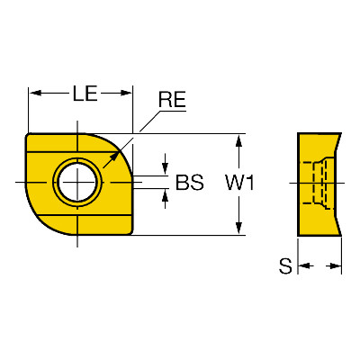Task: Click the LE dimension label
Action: click(x=85, y=93)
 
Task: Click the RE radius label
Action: click(x=172, y=100)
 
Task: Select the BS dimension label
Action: click(x=190, y=182)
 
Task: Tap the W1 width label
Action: click(x=240, y=183)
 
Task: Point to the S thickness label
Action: click(x=285, y=266)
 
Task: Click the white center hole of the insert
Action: click(x=77, y=183)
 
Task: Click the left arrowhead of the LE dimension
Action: click(x=36, y=93)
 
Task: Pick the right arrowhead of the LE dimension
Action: click(x=126, y=93)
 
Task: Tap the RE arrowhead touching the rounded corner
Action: click(x=114, y=157)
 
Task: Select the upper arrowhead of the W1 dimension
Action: click(x=238, y=141)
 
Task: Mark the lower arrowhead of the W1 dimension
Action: click(x=238, y=228)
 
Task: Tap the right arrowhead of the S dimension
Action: click(x=334, y=265)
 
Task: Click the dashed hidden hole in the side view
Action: click(x=314, y=183)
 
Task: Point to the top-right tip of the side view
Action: click(x=341, y=133)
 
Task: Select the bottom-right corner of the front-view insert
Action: click(x=131, y=233)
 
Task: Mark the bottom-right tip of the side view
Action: click(x=341, y=236)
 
